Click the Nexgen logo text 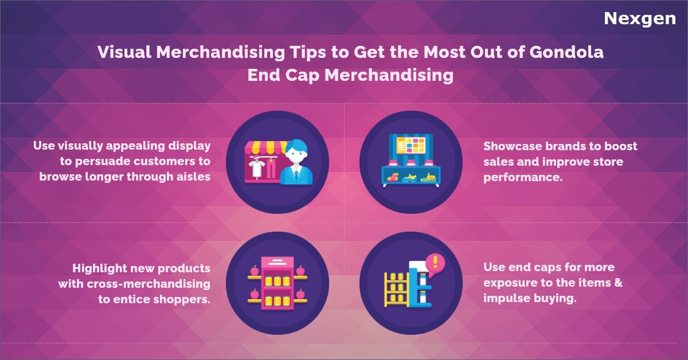pos(639,19)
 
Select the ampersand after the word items pos(618,283)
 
